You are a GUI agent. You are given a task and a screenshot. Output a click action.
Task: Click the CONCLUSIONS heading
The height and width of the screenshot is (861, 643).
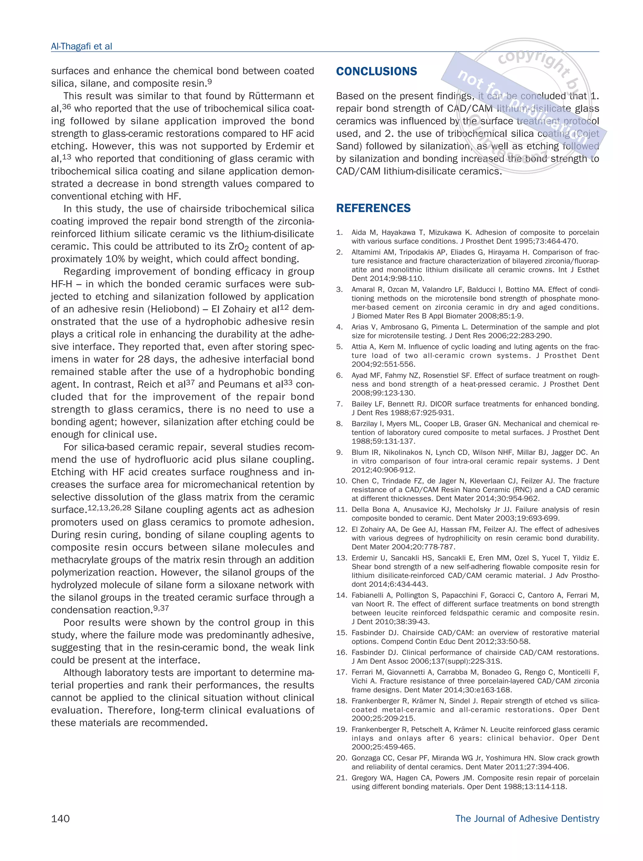click(x=376, y=72)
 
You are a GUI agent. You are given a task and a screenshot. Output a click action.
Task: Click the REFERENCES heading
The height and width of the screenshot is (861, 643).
click(x=373, y=208)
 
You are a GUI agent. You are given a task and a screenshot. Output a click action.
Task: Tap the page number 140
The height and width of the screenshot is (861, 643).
click(x=60, y=818)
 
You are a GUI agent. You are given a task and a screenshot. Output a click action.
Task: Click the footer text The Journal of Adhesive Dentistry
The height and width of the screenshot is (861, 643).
click(x=527, y=818)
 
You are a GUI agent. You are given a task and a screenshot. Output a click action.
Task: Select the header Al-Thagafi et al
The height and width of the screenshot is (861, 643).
click(x=81, y=46)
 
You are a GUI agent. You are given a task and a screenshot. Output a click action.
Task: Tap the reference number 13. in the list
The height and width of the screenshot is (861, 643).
click(x=341, y=558)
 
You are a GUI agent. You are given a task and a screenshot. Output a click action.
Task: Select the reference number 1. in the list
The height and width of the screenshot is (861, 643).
click(x=339, y=233)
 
